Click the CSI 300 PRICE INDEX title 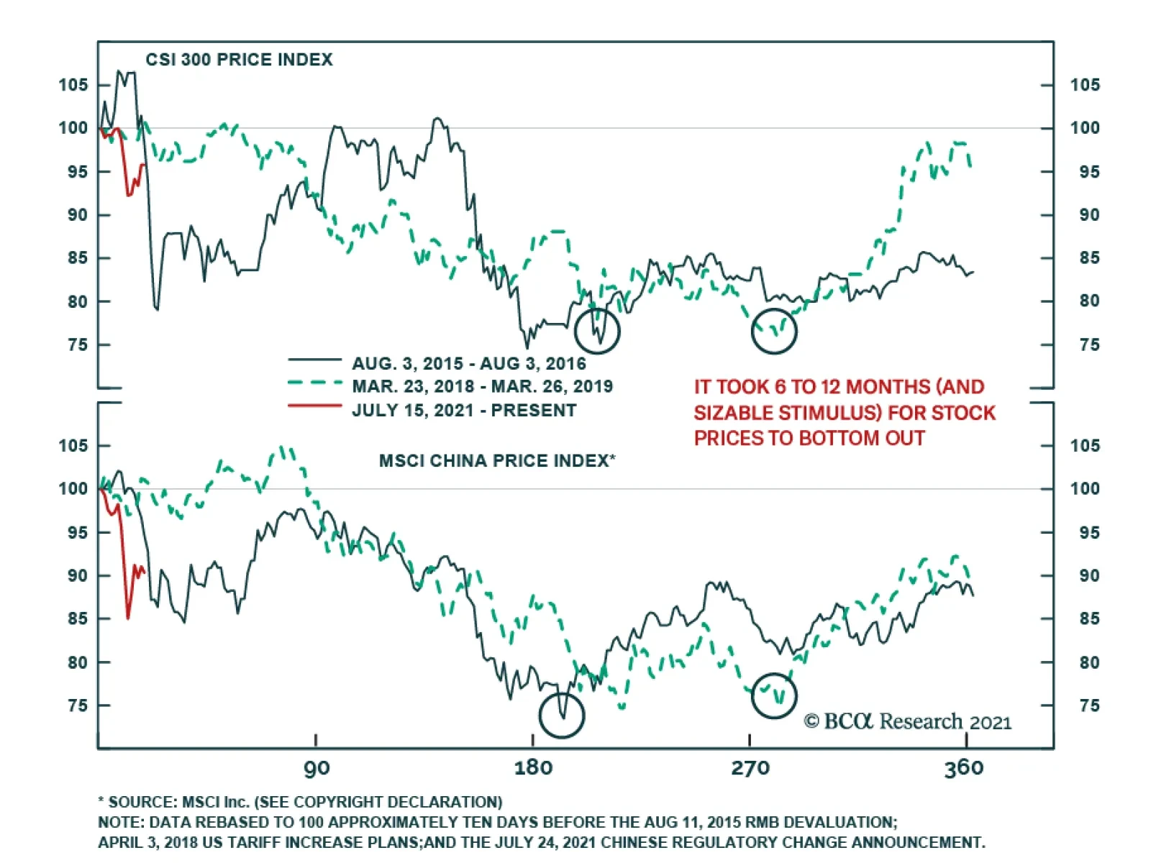tap(239, 60)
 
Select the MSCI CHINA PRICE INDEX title tap(497, 461)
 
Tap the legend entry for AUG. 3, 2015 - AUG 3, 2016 tap(469, 363)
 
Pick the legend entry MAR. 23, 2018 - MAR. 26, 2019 tap(482, 387)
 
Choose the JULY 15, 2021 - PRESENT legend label tap(464, 411)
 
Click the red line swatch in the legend tap(314, 406)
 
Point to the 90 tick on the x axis tap(317, 768)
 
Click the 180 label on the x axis tap(533, 768)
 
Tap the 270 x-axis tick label tap(750, 768)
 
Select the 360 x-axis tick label tap(963, 768)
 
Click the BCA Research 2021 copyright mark tap(907, 721)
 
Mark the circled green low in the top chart tap(774, 331)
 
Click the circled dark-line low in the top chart tap(597, 331)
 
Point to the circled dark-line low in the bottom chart tap(561, 715)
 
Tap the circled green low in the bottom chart tap(774, 695)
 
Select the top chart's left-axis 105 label tap(73, 85)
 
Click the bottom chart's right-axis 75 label tap(1089, 706)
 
